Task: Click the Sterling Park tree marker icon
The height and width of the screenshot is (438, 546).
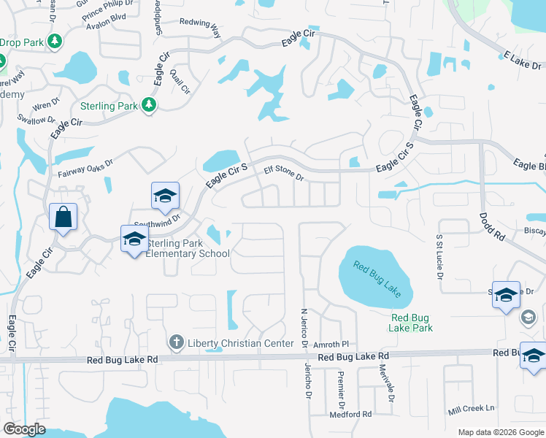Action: coord(149,106)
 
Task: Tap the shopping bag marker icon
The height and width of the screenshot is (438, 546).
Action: coord(64,216)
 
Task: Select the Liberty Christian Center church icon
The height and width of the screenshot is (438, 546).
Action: coord(176,342)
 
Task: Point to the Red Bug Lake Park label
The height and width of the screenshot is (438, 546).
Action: coord(412,323)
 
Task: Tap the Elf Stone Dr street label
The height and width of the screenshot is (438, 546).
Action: coord(283,173)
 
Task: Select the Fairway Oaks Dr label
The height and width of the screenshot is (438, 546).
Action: coord(86,169)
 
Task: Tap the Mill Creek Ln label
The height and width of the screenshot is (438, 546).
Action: coord(472,408)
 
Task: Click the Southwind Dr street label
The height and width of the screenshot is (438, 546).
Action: coord(156,220)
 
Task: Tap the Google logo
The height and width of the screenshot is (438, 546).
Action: coord(24,429)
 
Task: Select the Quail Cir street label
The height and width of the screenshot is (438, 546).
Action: coord(179,77)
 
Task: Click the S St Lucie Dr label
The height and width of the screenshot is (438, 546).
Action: coord(439,252)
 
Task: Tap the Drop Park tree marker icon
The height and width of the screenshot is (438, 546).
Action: coord(53,42)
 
